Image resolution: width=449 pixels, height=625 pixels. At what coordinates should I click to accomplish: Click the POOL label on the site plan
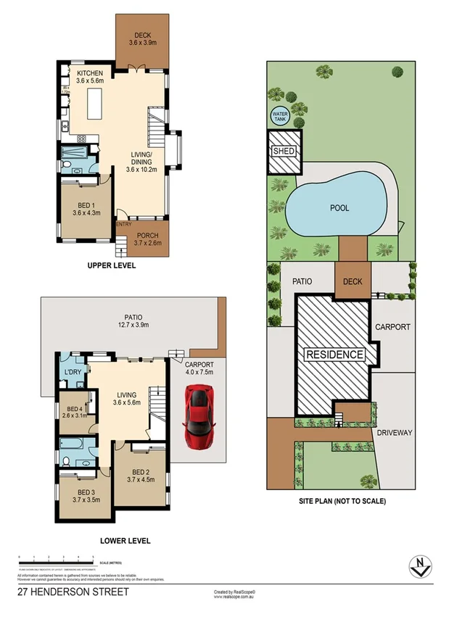point(339,208)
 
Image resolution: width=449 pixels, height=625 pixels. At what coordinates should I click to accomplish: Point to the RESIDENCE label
point(334,355)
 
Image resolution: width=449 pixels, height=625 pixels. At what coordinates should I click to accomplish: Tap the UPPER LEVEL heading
point(112,266)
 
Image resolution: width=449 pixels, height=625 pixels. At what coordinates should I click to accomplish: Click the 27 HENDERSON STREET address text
point(73,592)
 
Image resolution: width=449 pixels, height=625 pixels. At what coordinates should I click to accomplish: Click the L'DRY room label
point(73,372)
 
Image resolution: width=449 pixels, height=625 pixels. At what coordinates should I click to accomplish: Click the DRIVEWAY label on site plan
point(395,433)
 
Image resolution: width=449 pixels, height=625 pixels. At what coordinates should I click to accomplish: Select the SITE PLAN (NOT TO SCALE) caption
point(342,501)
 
